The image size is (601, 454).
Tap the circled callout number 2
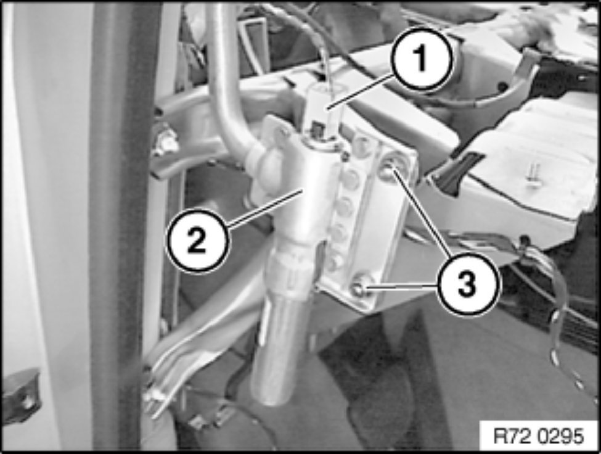(x=197, y=241)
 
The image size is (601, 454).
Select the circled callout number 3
(x=467, y=284)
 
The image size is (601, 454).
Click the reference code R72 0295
(x=539, y=436)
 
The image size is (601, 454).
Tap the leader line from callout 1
(x=361, y=93)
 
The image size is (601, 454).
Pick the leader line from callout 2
(x=265, y=208)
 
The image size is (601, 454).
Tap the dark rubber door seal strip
(x=119, y=226)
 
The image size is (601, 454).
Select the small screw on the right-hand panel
(x=534, y=176)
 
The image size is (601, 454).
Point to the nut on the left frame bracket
(x=166, y=142)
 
